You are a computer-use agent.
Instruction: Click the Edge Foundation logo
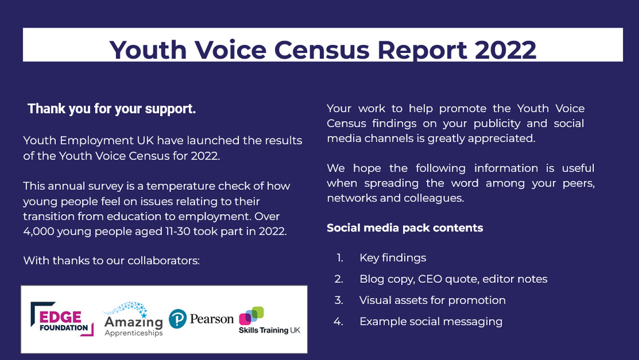coord(62,319)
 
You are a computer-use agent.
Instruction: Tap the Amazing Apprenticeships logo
coord(134,320)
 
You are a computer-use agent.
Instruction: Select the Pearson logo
coord(201,319)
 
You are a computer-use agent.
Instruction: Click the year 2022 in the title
coord(505,50)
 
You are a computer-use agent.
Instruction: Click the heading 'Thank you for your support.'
coord(112,109)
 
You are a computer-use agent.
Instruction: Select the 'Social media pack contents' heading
coord(405,228)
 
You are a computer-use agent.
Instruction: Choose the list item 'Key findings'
coord(393,258)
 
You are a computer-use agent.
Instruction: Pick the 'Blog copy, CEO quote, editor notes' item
coord(453,279)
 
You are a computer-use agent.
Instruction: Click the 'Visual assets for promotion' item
coord(432,300)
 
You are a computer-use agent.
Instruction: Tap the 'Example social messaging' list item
coord(431,322)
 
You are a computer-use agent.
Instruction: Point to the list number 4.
coord(338,322)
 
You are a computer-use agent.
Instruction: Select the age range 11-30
coord(172,232)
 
